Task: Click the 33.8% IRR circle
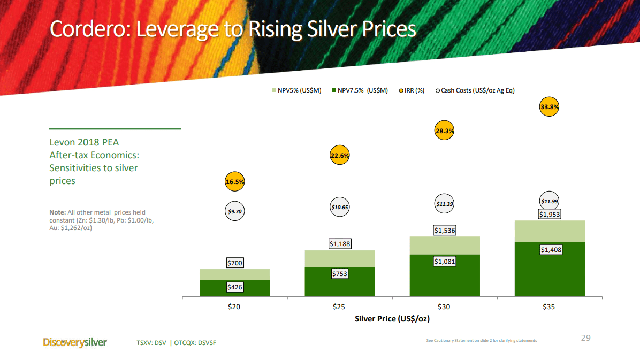coord(550,107)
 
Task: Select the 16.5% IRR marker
coord(234,182)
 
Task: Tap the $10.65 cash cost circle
coord(339,207)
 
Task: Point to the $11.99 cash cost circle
coord(550,202)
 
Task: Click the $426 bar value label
coord(234,287)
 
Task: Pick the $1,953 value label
coord(550,215)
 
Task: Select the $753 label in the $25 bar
coord(339,274)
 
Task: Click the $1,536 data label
coord(444,231)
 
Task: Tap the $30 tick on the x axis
coord(444,307)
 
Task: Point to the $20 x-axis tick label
coord(234,307)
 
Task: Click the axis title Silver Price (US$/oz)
coord(392,319)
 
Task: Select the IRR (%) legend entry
coord(412,90)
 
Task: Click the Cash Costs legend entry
coord(475,90)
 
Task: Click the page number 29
coord(585,338)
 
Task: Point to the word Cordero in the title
coord(88,29)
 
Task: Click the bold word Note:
coord(58,212)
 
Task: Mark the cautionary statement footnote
coord(481,341)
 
